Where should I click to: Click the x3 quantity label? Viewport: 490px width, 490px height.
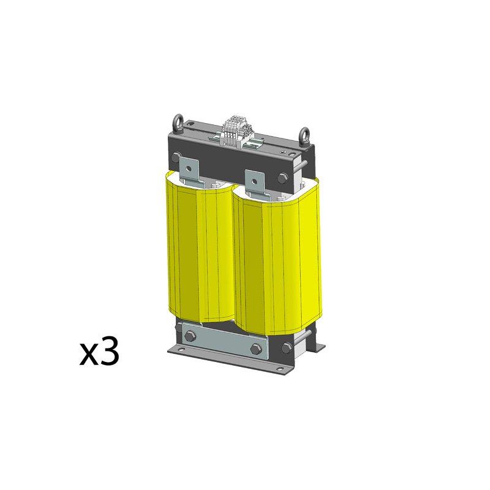point(99,354)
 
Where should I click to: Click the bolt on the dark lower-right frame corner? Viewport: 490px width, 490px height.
point(287,347)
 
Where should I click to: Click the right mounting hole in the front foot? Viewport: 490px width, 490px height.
point(281,369)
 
